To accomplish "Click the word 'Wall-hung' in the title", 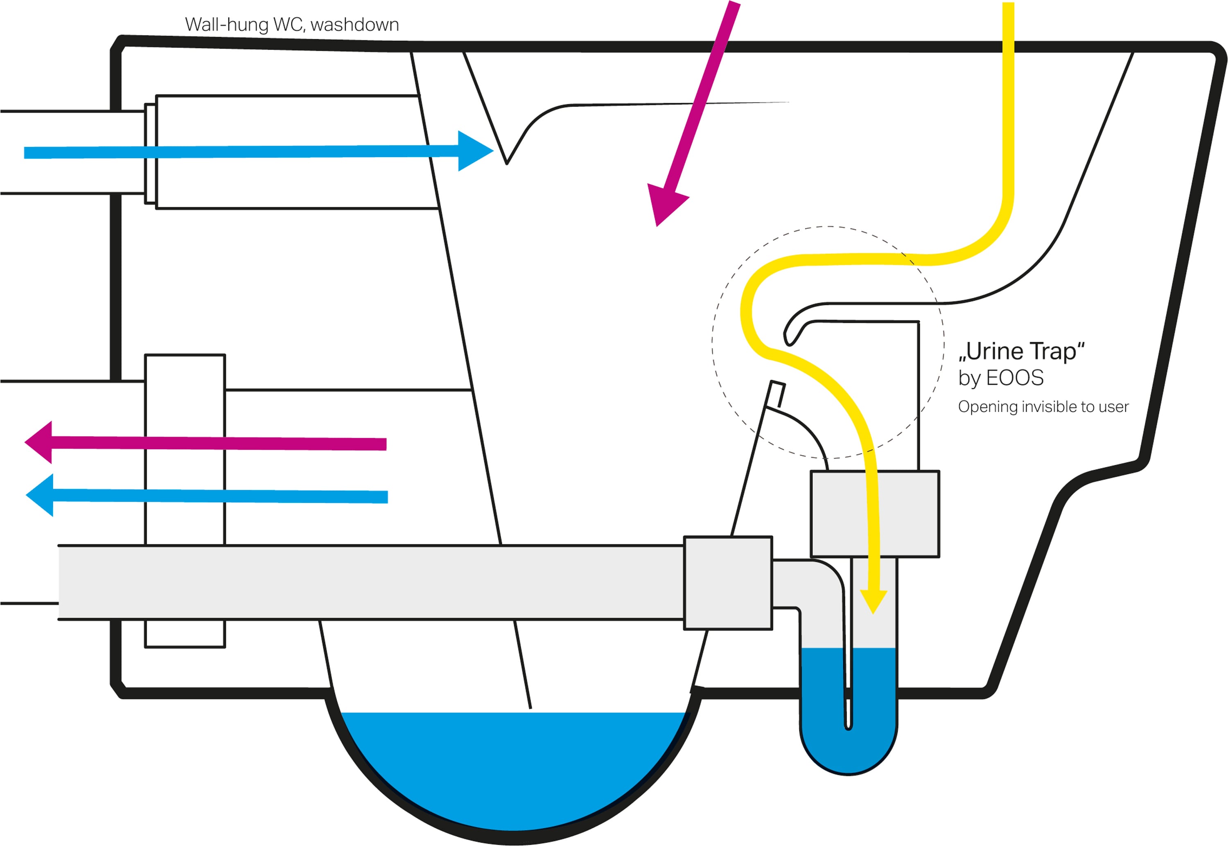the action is click(x=226, y=25).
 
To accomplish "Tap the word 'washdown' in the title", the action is click(x=354, y=25).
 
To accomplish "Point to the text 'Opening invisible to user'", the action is click(x=1043, y=407).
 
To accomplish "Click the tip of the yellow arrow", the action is click(x=874, y=614).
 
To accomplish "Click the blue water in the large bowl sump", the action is click(x=512, y=769).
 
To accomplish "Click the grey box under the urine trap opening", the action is click(x=875, y=514).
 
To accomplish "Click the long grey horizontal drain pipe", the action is click(x=371, y=582).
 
